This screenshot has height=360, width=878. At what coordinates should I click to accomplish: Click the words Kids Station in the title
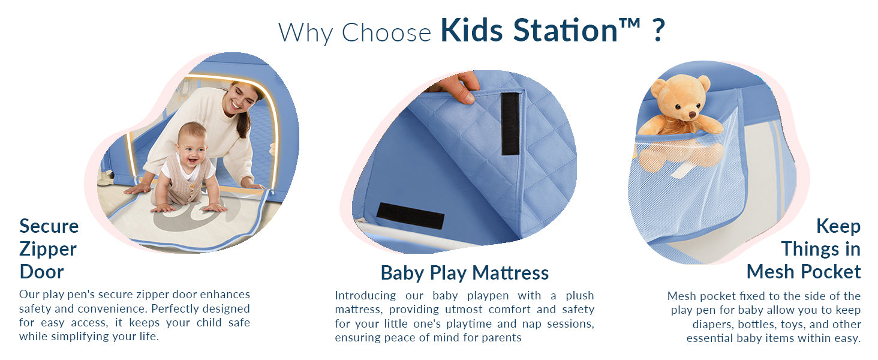(529, 31)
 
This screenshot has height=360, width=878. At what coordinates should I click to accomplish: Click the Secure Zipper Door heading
(48, 249)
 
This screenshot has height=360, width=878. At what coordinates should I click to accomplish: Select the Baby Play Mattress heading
(464, 273)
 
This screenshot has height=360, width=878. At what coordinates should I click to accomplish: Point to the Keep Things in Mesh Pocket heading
(804, 249)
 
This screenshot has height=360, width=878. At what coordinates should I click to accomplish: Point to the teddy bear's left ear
(659, 88)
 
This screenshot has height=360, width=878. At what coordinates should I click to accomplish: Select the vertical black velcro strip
(510, 124)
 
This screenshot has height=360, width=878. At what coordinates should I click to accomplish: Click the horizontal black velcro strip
(411, 215)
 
